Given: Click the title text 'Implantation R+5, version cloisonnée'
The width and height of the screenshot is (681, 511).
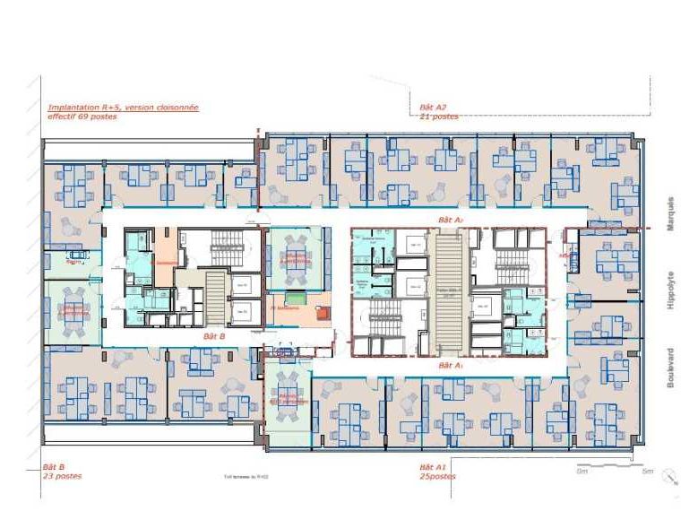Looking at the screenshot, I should click(x=123, y=108).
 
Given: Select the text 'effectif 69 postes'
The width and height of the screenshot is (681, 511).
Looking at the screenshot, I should click(x=82, y=117).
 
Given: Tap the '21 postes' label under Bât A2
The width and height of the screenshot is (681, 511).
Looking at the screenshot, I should click(x=439, y=117).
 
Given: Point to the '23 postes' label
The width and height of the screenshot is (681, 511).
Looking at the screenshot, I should click(x=62, y=476).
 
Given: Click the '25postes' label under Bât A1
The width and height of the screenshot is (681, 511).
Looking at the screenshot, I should click(x=437, y=476).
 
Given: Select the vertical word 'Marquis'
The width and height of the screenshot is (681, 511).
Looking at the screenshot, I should click(x=669, y=214).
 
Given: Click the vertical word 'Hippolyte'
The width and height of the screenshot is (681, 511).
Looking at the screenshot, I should click(x=669, y=290).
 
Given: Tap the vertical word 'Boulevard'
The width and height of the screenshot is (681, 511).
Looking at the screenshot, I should click(x=669, y=367).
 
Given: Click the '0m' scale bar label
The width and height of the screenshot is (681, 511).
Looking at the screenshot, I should click(x=582, y=471).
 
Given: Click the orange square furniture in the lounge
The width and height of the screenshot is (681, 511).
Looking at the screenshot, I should click(x=323, y=313).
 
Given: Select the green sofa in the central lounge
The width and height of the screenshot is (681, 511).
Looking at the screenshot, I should click(x=294, y=296).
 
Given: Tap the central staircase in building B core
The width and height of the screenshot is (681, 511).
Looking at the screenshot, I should click(x=215, y=296).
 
